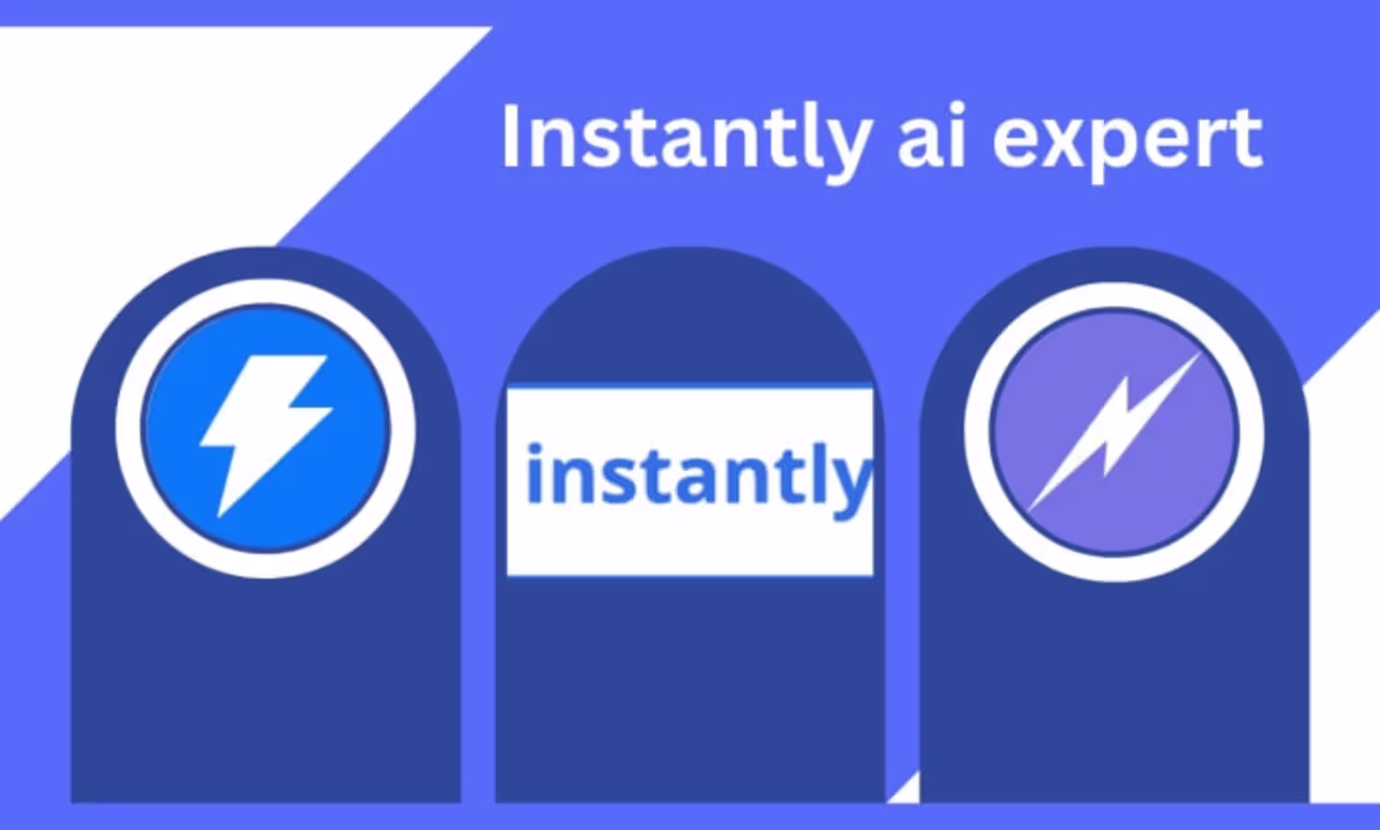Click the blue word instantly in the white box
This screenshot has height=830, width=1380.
[698, 478]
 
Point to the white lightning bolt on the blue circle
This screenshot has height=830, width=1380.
[265, 435]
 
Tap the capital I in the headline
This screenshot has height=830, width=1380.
[512, 136]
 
